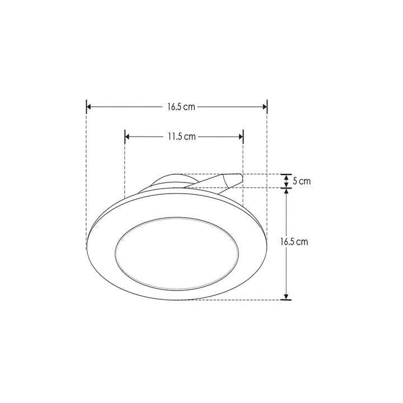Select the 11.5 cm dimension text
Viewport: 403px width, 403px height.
click(180, 137)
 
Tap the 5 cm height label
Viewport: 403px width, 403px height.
click(301, 181)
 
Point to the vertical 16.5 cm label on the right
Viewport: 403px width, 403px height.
click(294, 242)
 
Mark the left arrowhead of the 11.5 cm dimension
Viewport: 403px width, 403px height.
click(128, 137)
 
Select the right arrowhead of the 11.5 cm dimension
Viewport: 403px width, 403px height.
click(240, 137)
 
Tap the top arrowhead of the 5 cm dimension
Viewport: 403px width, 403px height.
click(286, 177)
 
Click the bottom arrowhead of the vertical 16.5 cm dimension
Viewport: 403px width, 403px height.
click(286, 296)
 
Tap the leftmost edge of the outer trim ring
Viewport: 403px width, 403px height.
click(88, 243)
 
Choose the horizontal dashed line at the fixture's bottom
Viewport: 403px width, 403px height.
click(235, 300)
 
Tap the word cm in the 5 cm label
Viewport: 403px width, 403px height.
click(304, 181)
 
